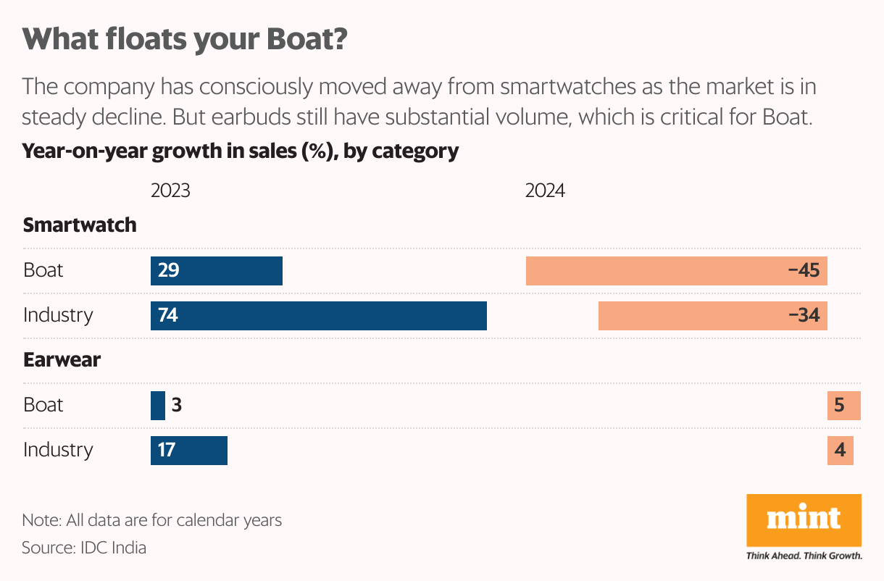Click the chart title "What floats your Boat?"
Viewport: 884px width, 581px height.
185,40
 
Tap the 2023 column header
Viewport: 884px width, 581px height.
170,191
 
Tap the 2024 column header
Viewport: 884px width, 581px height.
545,191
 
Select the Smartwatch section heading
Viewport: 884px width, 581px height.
80,225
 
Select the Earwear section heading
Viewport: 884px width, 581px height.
62,359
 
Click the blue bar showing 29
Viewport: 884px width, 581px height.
217,271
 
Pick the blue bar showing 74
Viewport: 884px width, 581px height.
319,316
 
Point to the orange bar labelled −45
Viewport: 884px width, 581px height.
677,271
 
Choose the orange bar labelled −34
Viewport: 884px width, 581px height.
713,316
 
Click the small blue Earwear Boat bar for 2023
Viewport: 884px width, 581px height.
158,405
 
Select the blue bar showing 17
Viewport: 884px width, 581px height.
189,450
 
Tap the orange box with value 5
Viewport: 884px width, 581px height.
843,405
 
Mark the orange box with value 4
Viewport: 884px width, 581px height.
841,450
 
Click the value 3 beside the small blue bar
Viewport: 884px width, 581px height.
176,405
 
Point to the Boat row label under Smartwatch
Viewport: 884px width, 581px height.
43,270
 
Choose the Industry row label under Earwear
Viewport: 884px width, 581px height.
58,450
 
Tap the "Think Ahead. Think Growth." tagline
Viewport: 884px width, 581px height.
804,556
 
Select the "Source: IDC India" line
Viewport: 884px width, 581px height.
84,548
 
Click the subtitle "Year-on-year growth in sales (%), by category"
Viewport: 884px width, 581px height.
241,151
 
